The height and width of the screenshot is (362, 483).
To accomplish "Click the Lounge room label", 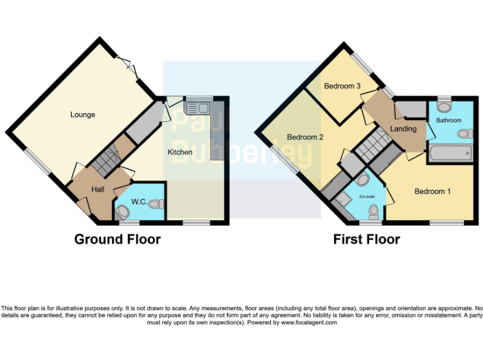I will (82, 114).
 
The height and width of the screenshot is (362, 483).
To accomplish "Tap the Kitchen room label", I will (180, 152).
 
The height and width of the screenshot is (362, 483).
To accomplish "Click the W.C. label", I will (139, 202).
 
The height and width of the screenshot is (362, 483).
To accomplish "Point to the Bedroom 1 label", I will (432, 192).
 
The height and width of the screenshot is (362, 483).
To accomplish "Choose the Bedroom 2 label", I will (305, 137).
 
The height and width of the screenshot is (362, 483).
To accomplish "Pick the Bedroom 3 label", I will (341, 86).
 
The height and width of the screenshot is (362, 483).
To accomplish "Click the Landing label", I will (403, 129).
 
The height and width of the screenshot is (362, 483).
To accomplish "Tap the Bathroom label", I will (449, 120).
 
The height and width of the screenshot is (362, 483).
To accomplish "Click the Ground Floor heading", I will (117, 239).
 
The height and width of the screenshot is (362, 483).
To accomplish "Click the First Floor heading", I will (367, 239).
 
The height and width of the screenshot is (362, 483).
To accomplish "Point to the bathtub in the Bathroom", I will (450, 151).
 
